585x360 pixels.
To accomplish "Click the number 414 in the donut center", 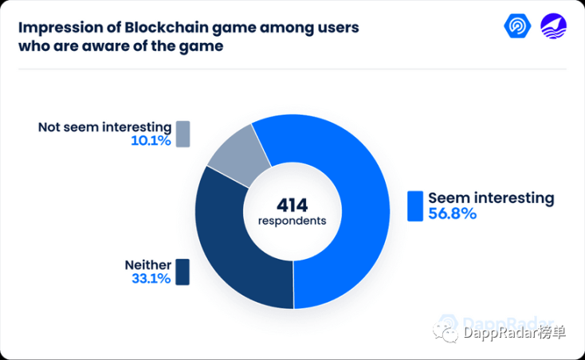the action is pos(292,205).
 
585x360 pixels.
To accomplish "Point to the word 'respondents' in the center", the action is pos(292,221).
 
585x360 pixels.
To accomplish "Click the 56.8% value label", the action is pos(452,213).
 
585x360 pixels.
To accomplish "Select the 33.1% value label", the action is pos(151,279).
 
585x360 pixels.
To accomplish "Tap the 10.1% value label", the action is pos(151,140).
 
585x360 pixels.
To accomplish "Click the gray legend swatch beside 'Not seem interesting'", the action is pos(183,134).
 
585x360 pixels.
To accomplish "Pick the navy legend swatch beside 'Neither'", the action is pos(183,272).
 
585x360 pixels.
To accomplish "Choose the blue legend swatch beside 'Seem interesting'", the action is pos(415,206).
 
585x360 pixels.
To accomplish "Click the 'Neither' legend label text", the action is pos(148,265).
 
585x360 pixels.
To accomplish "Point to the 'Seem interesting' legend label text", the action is pos(492,198).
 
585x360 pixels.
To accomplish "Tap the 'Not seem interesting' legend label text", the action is pos(105,127).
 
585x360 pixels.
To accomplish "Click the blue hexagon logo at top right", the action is pos(517,25).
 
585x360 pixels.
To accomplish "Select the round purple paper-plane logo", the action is pos(554,26).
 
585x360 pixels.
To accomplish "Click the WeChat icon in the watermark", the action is pos(445,332).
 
